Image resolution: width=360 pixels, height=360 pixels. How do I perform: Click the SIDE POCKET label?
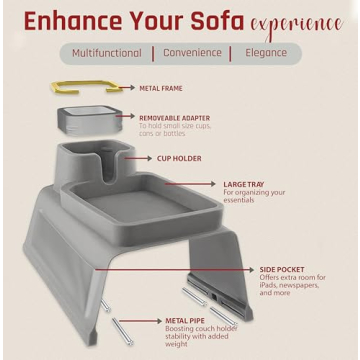pos(283,269)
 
